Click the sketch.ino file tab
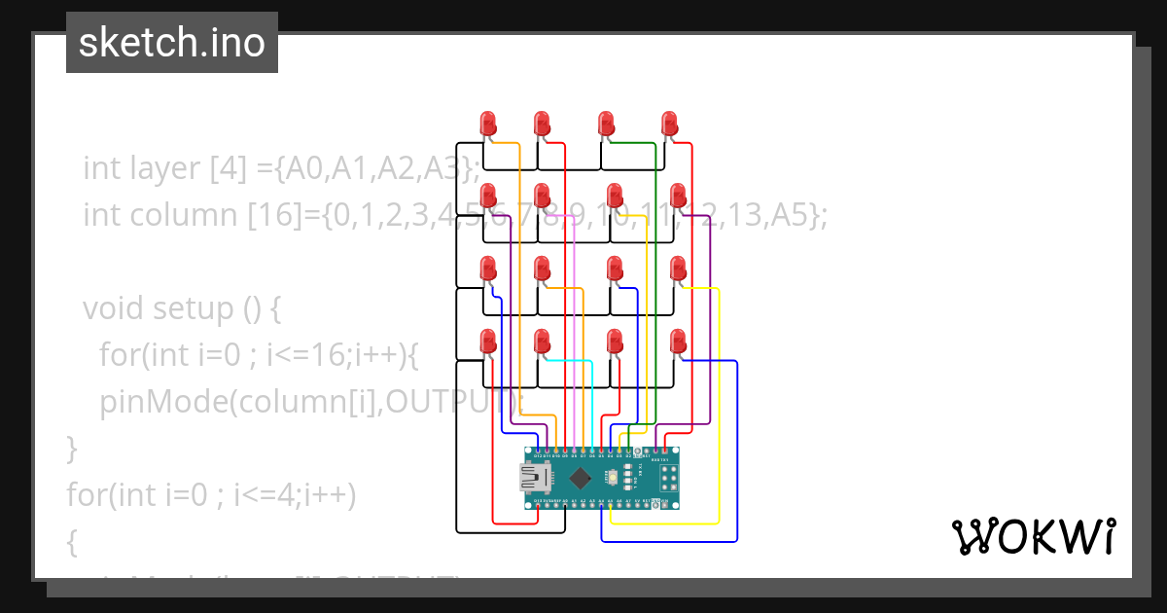(171, 43)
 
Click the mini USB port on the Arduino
(535, 478)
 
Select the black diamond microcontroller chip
(581, 478)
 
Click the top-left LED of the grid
(488, 124)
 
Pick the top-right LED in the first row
(669, 124)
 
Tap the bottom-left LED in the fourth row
(488, 342)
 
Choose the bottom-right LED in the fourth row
(678, 342)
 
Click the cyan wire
(591, 399)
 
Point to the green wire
(655, 292)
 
